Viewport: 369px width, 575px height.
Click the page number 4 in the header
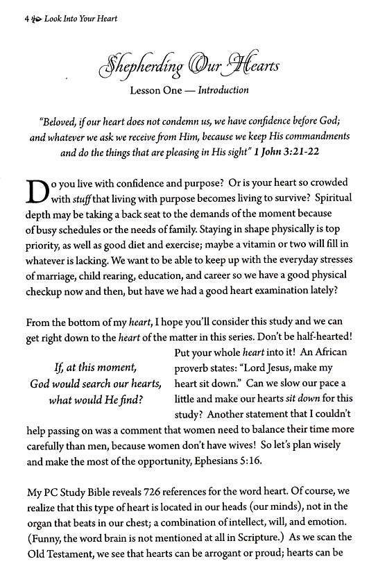15,19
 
